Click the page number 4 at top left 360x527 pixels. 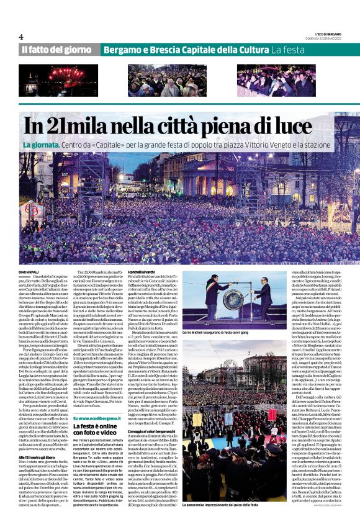(x=21, y=37)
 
